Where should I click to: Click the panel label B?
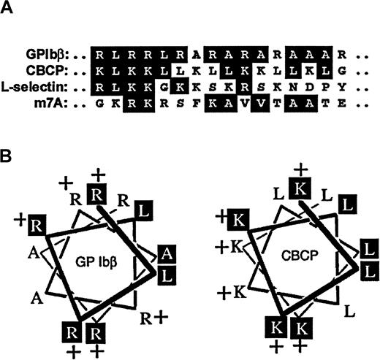click(x=7, y=156)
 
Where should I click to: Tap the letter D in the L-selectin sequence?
click(x=305, y=88)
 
